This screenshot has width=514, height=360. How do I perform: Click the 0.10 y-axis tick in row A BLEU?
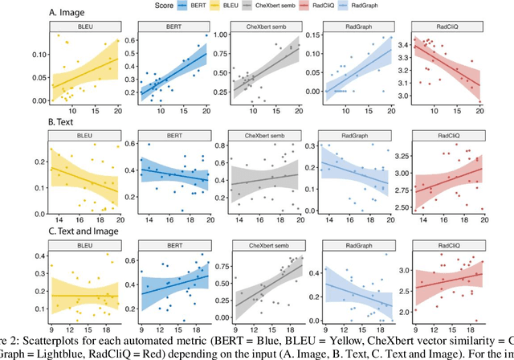tap(36, 55)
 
